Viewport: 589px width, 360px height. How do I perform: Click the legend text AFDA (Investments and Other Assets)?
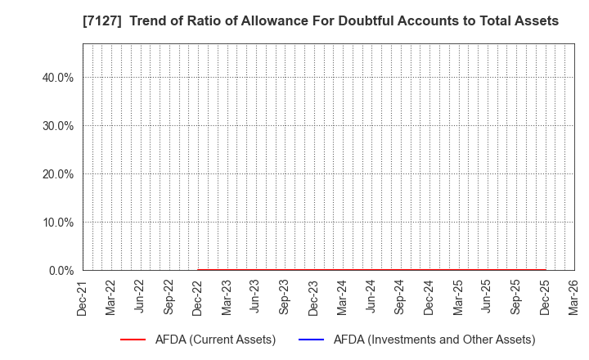pyautogui.click(x=424, y=340)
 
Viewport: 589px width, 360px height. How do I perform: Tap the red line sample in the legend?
pyautogui.click(x=133, y=340)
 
